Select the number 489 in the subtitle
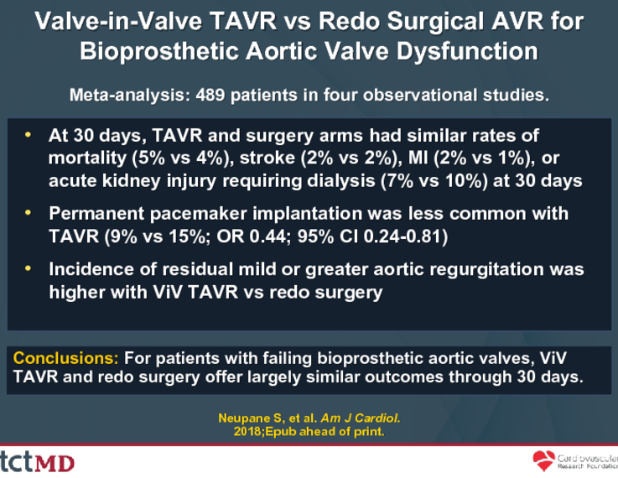(210, 95)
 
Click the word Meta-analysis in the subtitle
(130, 96)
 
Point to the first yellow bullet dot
(28, 135)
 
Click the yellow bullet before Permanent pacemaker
(28, 213)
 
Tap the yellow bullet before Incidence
(28, 268)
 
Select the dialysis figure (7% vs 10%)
(434, 181)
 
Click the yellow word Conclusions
(65, 358)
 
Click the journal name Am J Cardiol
(361, 418)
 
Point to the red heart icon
(543, 461)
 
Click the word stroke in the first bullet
(267, 158)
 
